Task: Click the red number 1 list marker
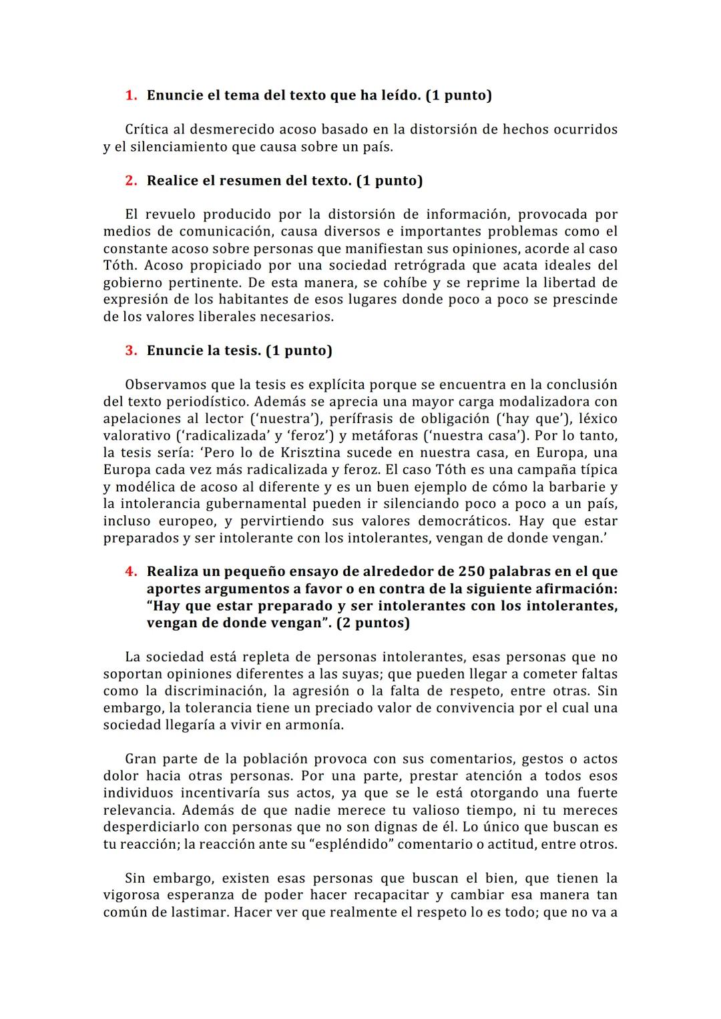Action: click(x=130, y=95)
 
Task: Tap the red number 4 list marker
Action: click(x=130, y=572)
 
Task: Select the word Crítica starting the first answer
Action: click(x=147, y=129)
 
